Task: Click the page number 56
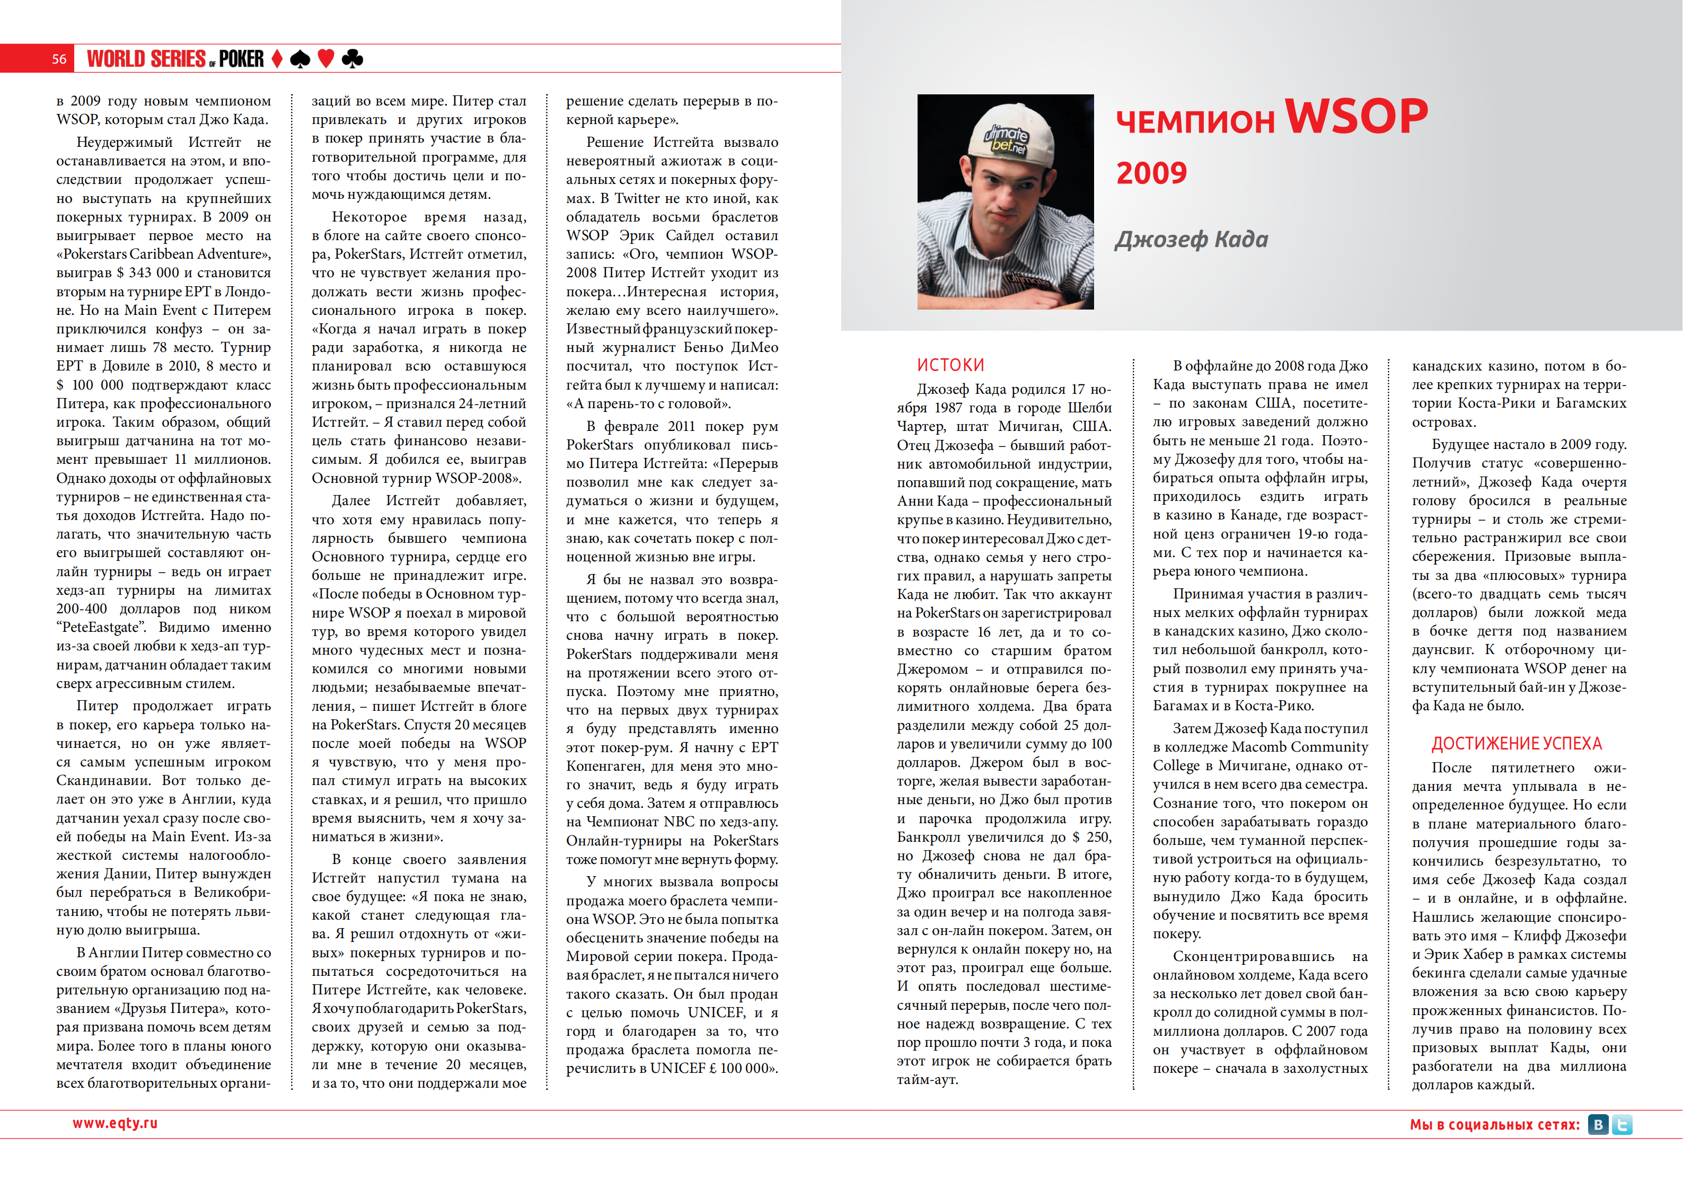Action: coord(59,59)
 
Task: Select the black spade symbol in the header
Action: coord(300,59)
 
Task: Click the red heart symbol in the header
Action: coord(326,59)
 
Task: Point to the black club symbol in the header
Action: coord(353,59)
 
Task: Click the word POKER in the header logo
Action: coord(241,59)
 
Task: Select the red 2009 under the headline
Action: coord(1151,173)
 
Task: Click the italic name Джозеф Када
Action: coord(1191,239)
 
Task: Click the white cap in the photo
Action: coord(1008,136)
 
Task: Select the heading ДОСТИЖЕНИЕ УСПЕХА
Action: coord(1516,744)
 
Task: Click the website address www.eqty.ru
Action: coord(115,1123)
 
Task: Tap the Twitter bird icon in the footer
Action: coord(1622,1124)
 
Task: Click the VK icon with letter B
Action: coord(1598,1124)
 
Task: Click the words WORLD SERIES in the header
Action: coord(147,59)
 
